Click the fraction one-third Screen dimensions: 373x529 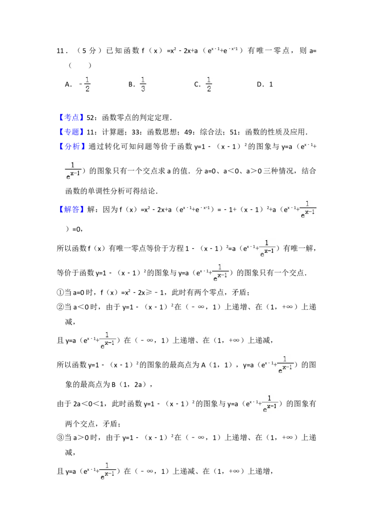pyautogui.click(x=144, y=84)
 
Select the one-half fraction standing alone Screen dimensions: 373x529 pyautogui.click(x=88, y=84)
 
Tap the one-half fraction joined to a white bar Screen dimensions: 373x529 pyautogui.click(x=209, y=84)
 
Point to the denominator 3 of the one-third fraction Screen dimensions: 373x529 pyautogui.click(x=144, y=89)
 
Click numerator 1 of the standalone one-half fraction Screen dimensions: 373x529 pyautogui.click(x=88, y=79)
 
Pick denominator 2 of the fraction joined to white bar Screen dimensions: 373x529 pyautogui.click(x=209, y=89)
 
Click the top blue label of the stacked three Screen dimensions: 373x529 pyautogui.click(x=73, y=118)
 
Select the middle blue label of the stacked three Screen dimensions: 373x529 pyautogui.click(x=73, y=133)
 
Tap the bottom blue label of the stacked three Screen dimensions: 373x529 pyautogui.click(x=73, y=147)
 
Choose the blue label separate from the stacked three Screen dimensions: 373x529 pyautogui.click(x=73, y=209)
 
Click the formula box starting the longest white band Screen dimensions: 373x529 pyautogui.click(x=73, y=172)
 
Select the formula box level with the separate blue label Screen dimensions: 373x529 pyautogui.click(x=308, y=209)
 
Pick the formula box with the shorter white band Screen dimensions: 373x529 pyautogui.click(x=267, y=248)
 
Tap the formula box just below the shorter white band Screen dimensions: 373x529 pyautogui.click(x=220, y=273)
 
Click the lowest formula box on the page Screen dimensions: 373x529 pyautogui.click(x=108, y=471)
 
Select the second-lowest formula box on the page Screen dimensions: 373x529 pyautogui.click(x=270, y=404)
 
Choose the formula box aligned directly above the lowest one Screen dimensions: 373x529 pyautogui.click(x=108, y=340)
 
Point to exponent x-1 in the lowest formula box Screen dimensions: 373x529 pyautogui.click(x=110, y=474)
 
